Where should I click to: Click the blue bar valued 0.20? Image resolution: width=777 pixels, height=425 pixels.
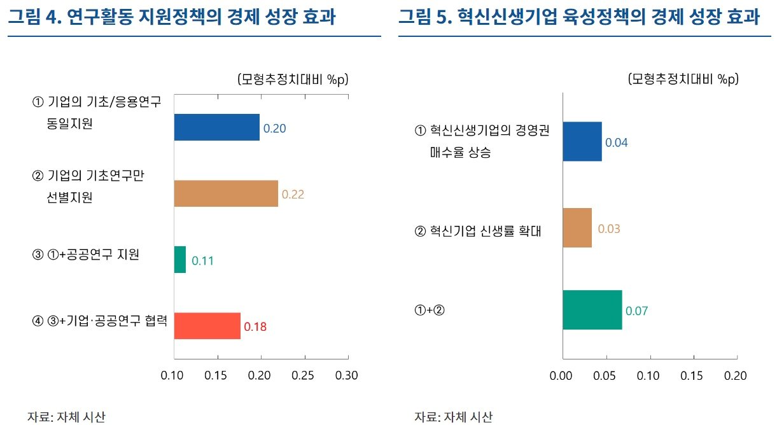point(216,127)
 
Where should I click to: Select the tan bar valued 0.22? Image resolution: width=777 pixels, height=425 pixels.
point(226,193)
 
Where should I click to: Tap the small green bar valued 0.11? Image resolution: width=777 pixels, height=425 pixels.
point(180,260)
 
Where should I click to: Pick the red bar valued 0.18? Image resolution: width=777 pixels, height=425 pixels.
point(207,326)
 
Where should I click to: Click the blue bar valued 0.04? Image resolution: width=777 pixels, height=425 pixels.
point(582,142)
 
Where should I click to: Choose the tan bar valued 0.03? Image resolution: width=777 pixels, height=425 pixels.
point(577,228)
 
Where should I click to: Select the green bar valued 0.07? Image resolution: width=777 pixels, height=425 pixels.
point(592,310)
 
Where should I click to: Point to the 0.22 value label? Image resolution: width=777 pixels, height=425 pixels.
point(293,195)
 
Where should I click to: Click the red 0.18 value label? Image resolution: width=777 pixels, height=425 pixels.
point(255,327)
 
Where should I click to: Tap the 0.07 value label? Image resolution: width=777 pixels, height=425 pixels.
point(636,311)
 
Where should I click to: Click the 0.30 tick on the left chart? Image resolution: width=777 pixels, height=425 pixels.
point(347,375)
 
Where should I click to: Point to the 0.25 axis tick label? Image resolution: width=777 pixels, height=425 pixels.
point(304,375)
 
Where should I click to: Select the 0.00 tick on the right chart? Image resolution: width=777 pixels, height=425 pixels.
point(562,376)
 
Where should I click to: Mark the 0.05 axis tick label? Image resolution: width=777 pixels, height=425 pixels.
point(605,376)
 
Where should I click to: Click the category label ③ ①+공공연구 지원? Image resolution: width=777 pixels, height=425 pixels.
point(85,255)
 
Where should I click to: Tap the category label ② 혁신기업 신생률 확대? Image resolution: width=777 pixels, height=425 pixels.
point(477,230)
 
